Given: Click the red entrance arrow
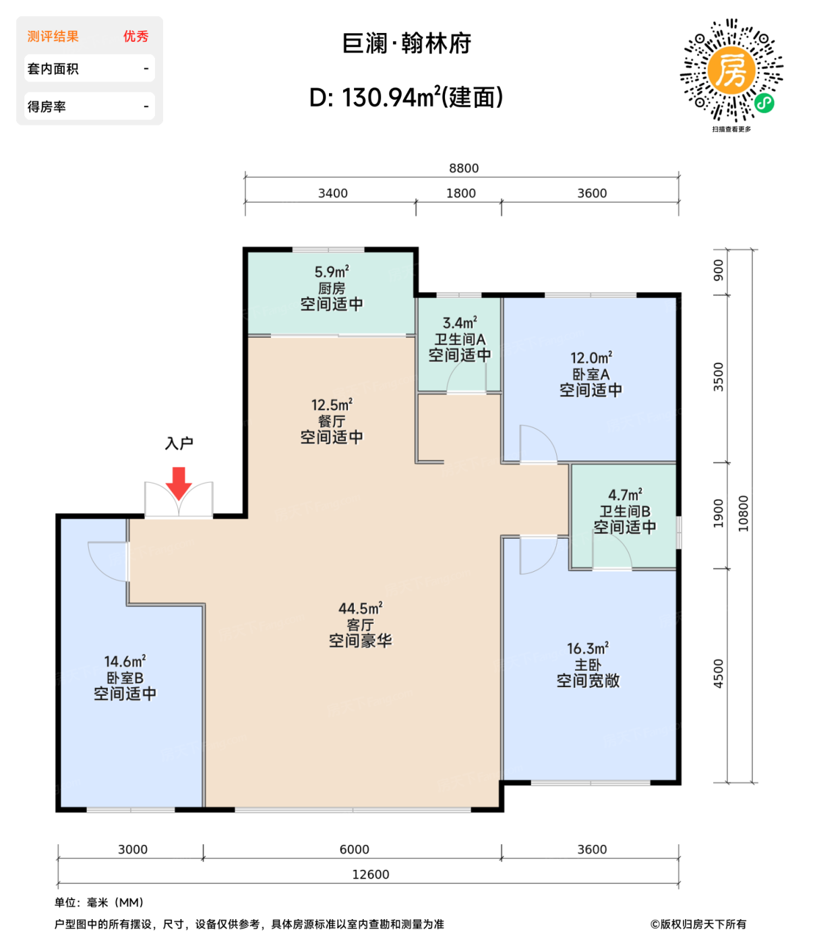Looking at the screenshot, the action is [178, 483].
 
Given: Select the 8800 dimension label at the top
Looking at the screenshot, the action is [463, 168].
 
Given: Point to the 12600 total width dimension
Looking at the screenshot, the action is [370, 874].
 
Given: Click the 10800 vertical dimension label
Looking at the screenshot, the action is [743, 513].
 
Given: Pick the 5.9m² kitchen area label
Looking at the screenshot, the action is [332, 272].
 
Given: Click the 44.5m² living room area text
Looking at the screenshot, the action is [360, 608].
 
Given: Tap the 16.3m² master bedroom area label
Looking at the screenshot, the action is [587, 648].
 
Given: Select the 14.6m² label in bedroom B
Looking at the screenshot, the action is [125, 661].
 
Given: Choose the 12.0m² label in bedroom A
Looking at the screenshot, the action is [591, 357].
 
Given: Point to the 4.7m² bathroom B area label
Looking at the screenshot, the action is [624, 495].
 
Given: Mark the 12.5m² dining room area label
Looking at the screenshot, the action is [332, 405].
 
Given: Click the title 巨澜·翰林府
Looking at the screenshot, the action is [406, 44].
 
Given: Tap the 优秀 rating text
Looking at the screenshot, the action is [135, 36].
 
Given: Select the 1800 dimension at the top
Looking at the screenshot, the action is [460, 194].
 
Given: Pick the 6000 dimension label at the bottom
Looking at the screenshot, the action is [354, 849].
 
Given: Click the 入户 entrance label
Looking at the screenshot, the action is [179, 442].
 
